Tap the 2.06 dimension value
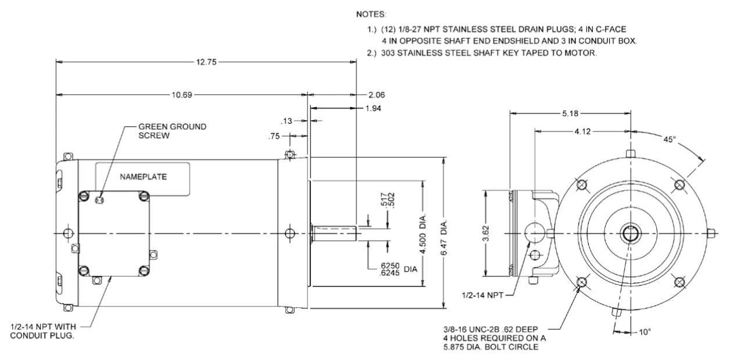[377, 94]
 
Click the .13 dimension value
[285, 121]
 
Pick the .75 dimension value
[274, 137]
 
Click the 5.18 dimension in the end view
[570, 114]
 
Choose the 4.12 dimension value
[581, 132]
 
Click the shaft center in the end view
[629, 233]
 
